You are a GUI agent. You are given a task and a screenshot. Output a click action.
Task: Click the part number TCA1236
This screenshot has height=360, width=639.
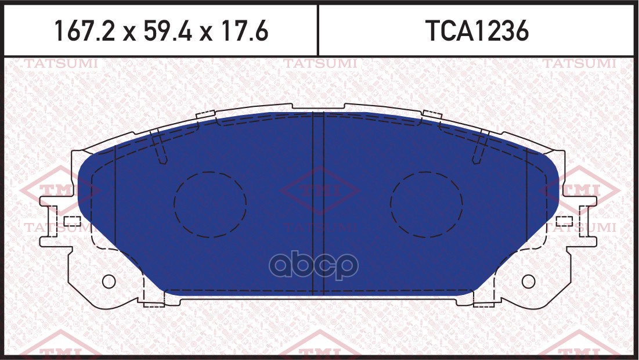click(x=478, y=32)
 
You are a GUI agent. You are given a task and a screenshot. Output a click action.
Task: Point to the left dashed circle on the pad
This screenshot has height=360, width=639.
click(x=210, y=204)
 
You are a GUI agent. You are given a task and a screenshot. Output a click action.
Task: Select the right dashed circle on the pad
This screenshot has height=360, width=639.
click(x=427, y=204)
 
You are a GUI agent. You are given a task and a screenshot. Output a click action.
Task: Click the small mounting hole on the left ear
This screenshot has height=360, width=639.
click(x=109, y=282)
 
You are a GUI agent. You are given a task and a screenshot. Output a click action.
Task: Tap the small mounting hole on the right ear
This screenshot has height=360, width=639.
click(x=528, y=282)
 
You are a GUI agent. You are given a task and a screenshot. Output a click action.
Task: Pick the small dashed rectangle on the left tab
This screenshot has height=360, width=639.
click(x=71, y=221)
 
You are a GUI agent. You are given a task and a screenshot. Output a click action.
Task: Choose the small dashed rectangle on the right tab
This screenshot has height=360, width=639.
click(x=564, y=221)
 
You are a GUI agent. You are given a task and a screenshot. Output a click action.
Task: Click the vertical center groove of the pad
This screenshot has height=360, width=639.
click(x=319, y=203)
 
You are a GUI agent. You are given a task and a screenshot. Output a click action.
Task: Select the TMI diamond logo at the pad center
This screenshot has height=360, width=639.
click(x=319, y=190)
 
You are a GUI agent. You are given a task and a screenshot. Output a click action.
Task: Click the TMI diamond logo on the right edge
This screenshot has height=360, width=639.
click(x=580, y=190)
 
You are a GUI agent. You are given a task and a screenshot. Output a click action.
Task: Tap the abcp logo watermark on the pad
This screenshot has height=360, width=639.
click(x=316, y=266)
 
